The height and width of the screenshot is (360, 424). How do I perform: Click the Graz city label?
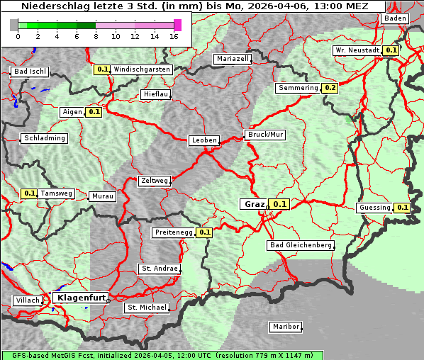(x=253, y=204)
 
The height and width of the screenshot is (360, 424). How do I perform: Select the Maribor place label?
(x=286, y=327)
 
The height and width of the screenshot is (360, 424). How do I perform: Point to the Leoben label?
(x=204, y=140)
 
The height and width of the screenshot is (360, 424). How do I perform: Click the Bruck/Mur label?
(x=264, y=134)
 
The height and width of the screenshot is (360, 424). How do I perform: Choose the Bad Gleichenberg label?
(x=300, y=245)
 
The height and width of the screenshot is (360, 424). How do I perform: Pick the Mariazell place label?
(x=233, y=59)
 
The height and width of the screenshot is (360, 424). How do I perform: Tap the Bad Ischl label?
(x=30, y=72)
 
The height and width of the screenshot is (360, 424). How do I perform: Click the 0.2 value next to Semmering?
(x=330, y=88)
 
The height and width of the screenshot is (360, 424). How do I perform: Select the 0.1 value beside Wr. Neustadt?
(x=391, y=50)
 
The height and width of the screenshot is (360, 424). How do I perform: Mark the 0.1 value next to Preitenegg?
(x=205, y=232)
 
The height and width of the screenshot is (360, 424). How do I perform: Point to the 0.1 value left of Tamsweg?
(x=29, y=193)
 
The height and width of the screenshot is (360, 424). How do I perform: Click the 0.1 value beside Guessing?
(x=403, y=208)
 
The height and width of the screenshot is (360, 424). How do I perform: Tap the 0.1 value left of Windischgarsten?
(x=102, y=69)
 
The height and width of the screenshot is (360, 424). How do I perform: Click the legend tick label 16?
(x=173, y=36)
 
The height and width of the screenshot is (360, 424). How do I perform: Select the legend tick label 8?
(x=96, y=36)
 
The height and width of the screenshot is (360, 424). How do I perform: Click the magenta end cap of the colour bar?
(x=177, y=25)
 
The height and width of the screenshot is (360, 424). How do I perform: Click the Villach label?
(x=27, y=300)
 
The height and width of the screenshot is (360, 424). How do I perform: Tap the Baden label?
(x=396, y=18)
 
